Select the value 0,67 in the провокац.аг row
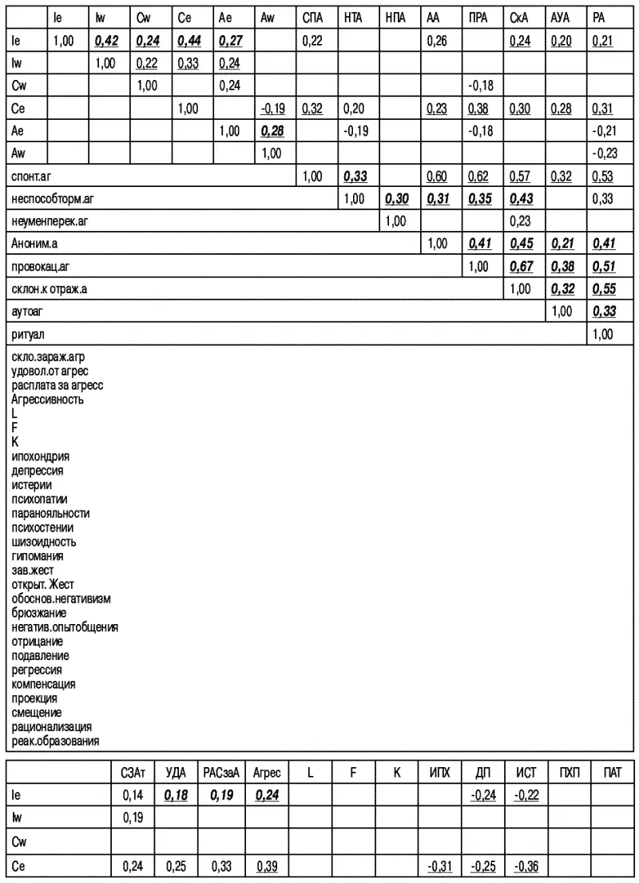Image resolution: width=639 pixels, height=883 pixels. (520, 267)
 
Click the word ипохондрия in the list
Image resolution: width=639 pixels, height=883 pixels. (41, 457)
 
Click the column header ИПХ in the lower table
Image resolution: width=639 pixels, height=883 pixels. (439, 773)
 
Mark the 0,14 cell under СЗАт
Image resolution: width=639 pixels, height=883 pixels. (131, 796)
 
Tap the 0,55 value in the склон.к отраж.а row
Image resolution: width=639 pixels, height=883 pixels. (604, 289)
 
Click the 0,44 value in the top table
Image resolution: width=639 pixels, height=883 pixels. (189, 40)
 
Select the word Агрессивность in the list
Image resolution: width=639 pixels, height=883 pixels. (48, 400)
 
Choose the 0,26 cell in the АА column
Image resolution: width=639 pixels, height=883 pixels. (436, 40)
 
